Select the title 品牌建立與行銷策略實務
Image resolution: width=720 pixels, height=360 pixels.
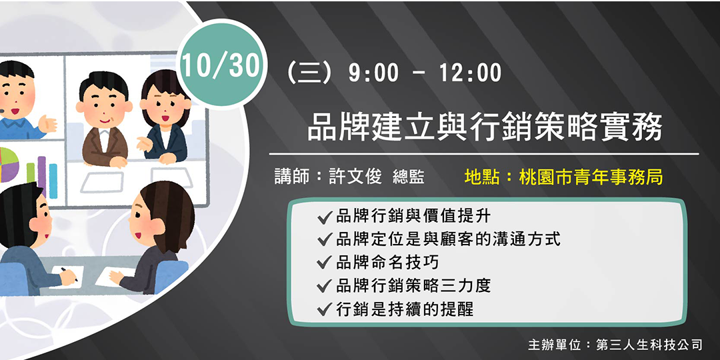[485, 127]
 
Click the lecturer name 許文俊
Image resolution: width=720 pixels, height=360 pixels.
[355, 177]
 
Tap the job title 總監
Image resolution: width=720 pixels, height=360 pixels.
[409, 177]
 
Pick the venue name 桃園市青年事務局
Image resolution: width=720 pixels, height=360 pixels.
[591, 177]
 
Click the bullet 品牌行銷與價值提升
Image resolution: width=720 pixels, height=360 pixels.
[413, 215]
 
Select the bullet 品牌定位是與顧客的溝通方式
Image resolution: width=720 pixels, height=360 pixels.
[448, 239]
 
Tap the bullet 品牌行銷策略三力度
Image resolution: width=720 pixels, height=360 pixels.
[413, 285]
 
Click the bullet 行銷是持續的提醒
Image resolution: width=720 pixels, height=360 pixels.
[405, 309]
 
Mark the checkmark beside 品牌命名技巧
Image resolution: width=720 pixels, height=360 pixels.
[325, 263]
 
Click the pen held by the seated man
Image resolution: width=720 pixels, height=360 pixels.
[69, 274]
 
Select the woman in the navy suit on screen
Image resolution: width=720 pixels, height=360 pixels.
[164, 120]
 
